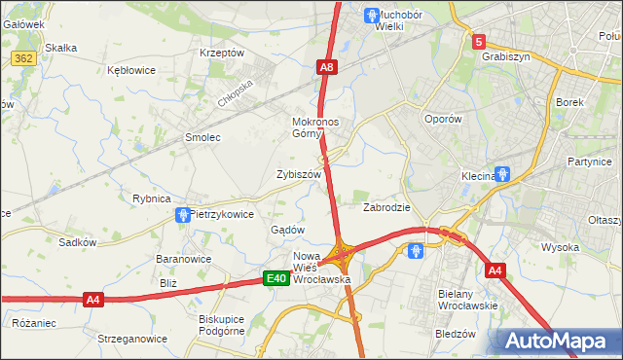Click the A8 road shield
(x=327, y=67)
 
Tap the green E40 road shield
(x=276, y=279)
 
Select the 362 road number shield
(x=24, y=59)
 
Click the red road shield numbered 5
(x=479, y=42)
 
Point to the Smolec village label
(x=202, y=138)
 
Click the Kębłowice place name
(x=132, y=71)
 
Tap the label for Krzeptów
(x=221, y=53)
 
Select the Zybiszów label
(x=299, y=174)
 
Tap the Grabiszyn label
(x=505, y=56)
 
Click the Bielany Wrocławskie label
(x=468, y=299)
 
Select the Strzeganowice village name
(x=132, y=339)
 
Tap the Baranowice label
(x=184, y=259)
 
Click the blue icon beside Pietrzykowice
(x=181, y=214)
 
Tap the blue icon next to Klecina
(x=502, y=175)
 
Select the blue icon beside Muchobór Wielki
(x=371, y=15)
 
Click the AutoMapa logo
(x=559, y=341)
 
